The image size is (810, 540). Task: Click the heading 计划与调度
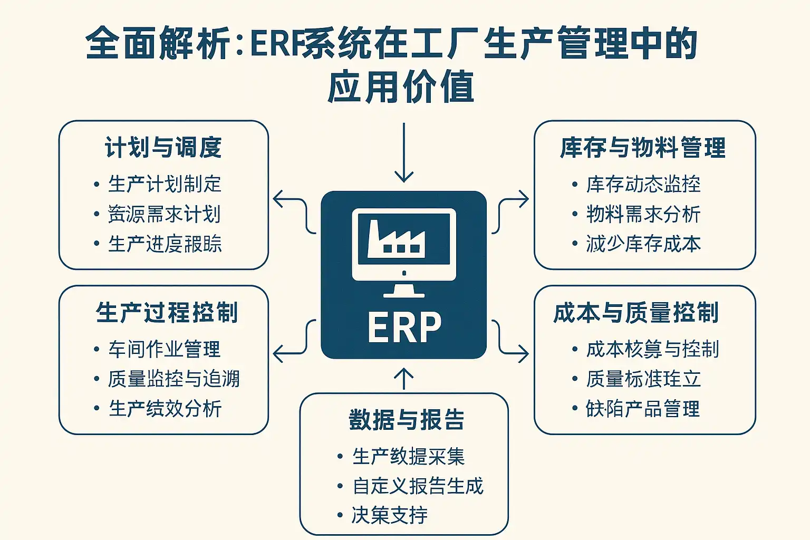[x=163, y=148]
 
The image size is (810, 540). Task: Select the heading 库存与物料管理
[x=643, y=148]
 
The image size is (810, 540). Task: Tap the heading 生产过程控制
[x=167, y=313]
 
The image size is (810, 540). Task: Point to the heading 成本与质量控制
[x=636, y=313]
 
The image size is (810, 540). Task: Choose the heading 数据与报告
[x=407, y=420]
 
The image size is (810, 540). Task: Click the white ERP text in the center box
[x=404, y=327]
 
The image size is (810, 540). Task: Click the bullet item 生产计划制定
[x=165, y=184]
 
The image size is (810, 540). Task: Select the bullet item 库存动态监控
[x=643, y=184]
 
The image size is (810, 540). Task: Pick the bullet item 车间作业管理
[x=165, y=349]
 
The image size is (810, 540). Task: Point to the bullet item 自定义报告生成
[x=418, y=486]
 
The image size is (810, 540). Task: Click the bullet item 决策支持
[x=390, y=515]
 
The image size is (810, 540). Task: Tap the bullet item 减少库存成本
[x=643, y=244]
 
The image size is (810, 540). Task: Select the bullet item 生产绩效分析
[x=165, y=409]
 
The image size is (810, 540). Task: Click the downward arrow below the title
[x=404, y=153]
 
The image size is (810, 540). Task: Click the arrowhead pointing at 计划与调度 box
[x=279, y=199]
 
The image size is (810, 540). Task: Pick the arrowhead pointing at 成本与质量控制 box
[x=523, y=353]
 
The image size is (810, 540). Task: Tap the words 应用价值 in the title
[x=401, y=87]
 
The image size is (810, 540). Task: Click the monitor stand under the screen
[x=404, y=290]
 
